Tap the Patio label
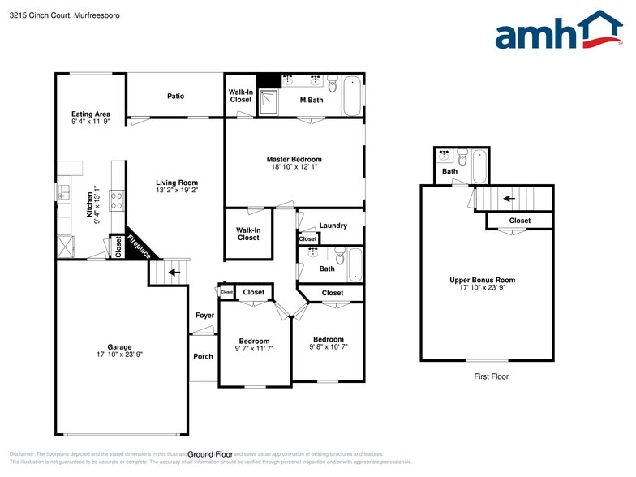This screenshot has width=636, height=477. pos(175,96)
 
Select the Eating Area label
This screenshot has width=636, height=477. pos(91,114)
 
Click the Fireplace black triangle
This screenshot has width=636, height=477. pos(136,243)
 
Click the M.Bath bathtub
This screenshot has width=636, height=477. pos(352,97)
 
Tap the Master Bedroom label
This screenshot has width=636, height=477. pos(294,159)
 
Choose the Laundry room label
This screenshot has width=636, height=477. pos(333,226)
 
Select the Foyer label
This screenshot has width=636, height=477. pos(204,315)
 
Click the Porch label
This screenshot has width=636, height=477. pos(203,356)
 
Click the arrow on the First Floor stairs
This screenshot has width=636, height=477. pos(509,198)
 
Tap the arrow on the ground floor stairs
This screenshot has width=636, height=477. pos(172,273)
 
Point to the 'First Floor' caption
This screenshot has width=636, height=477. pos(492,376)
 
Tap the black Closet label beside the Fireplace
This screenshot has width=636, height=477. pos(118,247)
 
